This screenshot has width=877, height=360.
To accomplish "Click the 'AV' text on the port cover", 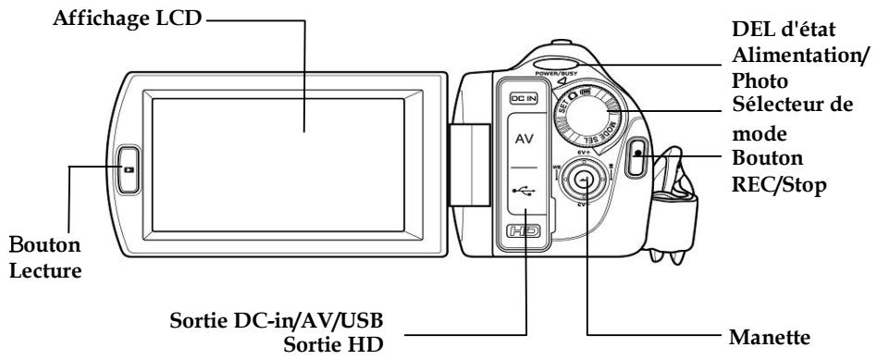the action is [x=524, y=141].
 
